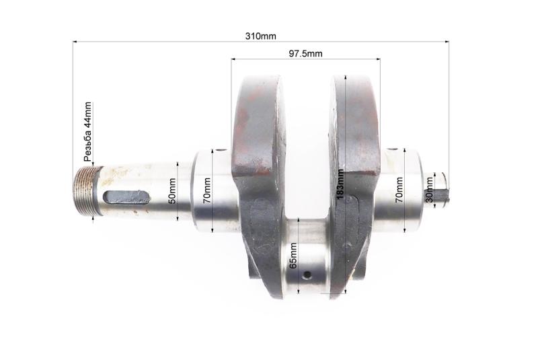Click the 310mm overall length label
260,36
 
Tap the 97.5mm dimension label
305,54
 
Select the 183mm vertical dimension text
340,184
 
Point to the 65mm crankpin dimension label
293,256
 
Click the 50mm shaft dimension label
172,191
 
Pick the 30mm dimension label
429,190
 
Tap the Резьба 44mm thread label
88,132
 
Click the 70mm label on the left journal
207,190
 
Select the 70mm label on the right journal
399,190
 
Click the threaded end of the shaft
87,190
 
